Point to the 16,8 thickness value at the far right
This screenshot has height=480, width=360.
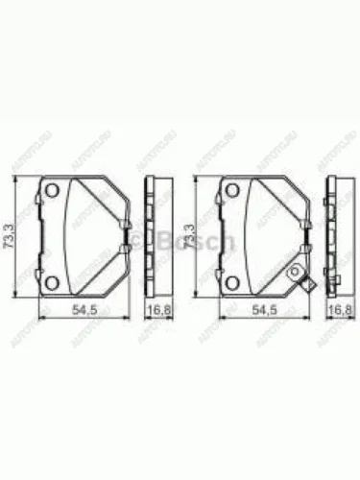click(339, 310)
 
